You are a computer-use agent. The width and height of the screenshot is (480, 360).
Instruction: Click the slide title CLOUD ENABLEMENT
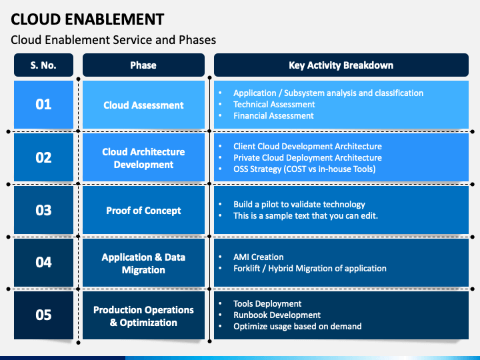(87, 19)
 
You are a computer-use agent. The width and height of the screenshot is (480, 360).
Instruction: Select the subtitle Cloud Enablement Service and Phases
(113, 40)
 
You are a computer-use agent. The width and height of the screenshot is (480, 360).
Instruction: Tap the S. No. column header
(43, 65)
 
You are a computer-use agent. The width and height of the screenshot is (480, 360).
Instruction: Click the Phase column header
(143, 65)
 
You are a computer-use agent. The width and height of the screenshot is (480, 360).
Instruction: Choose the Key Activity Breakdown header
(341, 65)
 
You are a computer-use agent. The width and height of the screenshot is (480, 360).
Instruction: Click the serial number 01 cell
(43, 105)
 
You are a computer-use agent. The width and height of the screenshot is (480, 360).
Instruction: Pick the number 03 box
(43, 210)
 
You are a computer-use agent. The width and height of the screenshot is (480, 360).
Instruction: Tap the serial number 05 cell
(43, 315)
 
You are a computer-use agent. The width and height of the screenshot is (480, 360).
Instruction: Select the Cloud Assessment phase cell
(143, 105)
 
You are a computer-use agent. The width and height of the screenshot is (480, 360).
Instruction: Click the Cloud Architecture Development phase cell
(143, 157)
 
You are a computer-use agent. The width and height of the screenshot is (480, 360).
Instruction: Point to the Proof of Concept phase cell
(143, 210)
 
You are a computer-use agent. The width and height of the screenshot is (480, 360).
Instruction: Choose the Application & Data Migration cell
(143, 263)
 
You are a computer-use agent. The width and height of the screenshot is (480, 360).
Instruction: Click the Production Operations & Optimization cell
(143, 315)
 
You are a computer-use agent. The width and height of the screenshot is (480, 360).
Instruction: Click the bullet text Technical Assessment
(274, 105)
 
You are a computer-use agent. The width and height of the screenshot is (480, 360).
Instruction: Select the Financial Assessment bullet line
(273, 116)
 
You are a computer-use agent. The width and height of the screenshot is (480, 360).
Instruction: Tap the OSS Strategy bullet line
(304, 169)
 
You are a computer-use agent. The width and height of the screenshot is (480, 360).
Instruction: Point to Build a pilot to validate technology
(299, 205)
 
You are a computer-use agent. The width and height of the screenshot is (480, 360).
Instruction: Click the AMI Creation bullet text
(259, 257)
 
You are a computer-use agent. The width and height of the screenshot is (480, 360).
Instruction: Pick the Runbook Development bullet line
(277, 315)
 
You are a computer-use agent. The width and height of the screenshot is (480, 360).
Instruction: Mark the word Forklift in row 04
(247, 269)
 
